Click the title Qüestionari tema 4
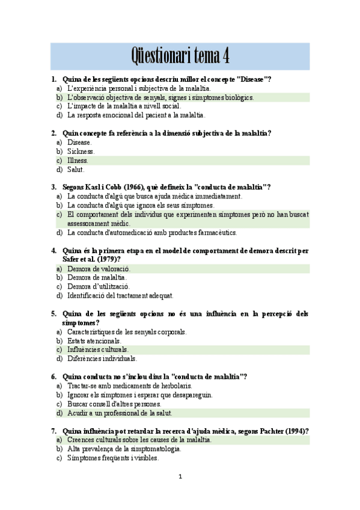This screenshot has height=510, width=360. coord(180,57)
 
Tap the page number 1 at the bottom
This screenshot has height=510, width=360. coord(180,477)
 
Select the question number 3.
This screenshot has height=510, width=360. coord(53,187)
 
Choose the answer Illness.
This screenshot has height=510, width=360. coord(78,161)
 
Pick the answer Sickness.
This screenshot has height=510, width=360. coord(81,152)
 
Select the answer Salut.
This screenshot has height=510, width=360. coord(76,170)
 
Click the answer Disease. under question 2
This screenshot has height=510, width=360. coord(80,143)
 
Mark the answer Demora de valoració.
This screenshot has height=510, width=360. coord(99,269)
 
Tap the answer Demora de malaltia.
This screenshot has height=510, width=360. coord(97,278)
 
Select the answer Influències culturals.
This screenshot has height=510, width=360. coord(98,349)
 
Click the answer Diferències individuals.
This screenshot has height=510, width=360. coord(102,358)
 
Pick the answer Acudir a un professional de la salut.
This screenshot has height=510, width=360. coord(120,413)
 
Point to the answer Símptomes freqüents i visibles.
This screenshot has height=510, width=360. coord(113,458)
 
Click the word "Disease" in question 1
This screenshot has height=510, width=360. coord(252,79)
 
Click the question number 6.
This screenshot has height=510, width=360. coord(53,376)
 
